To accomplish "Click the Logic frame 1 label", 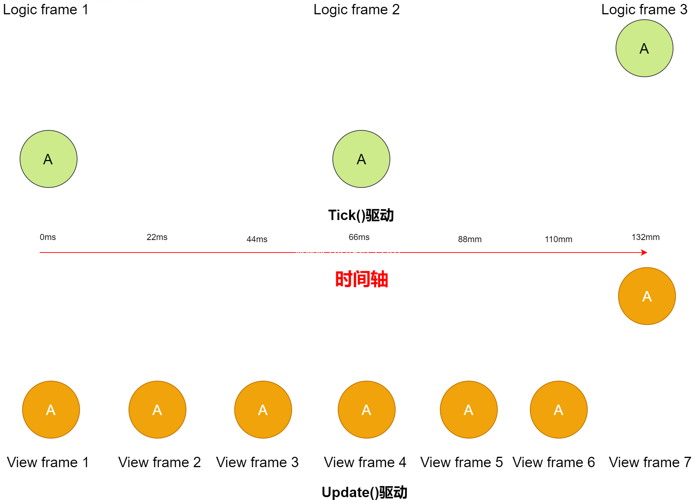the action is pyautogui.click(x=45, y=10).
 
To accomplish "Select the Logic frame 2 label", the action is pyautogui.click(x=356, y=10).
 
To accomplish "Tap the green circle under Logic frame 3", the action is pyautogui.click(x=644, y=48).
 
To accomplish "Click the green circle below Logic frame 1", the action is pyautogui.click(x=49, y=159).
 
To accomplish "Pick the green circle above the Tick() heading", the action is pyautogui.click(x=361, y=159).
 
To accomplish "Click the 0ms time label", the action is pyautogui.click(x=48, y=237).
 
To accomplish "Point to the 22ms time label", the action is pyautogui.click(x=157, y=237).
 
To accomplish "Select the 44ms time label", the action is pyautogui.click(x=257, y=239).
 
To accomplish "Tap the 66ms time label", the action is pyautogui.click(x=359, y=237).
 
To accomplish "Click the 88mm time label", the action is pyautogui.click(x=470, y=239).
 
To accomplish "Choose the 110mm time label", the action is pyautogui.click(x=558, y=239).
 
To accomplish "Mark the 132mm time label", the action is pyautogui.click(x=646, y=237).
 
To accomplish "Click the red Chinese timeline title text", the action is pyautogui.click(x=361, y=279).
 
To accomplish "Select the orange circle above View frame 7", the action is pyautogui.click(x=647, y=296).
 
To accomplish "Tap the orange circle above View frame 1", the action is pyautogui.click(x=51, y=410).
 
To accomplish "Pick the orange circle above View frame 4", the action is pyautogui.click(x=367, y=410).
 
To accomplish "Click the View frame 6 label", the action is pyautogui.click(x=553, y=462).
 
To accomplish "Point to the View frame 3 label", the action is pyautogui.click(x=257, y=462).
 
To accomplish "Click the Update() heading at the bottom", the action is pyautogui.click(x=364, y=492).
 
